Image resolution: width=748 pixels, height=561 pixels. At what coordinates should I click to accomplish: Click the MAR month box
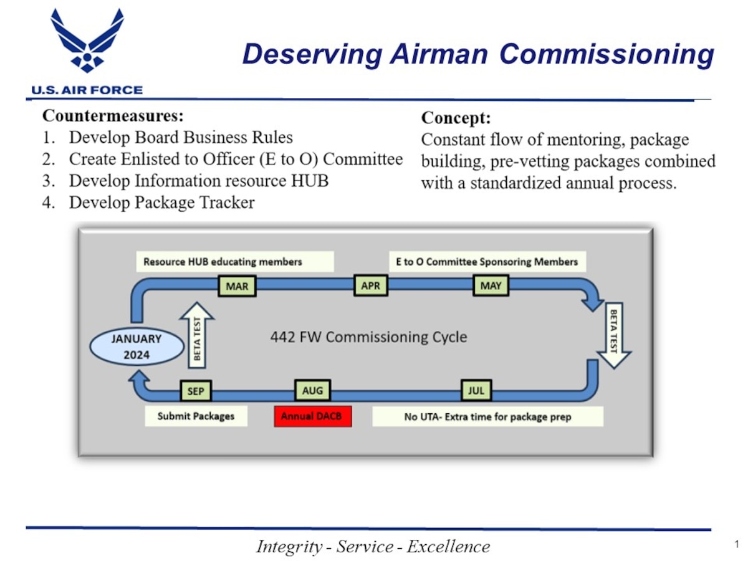[237, 286]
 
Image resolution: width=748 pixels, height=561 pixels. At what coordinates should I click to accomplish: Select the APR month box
[370, 286]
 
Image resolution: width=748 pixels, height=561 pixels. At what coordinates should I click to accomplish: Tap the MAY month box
[491, 286]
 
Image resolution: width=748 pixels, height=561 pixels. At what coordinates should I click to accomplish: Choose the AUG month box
[312, 391]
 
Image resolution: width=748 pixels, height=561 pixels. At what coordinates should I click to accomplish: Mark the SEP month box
[196, 391]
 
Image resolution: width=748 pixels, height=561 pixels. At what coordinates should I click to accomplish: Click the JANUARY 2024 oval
[137, 347]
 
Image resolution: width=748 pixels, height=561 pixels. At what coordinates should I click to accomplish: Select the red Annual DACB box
[312, 416]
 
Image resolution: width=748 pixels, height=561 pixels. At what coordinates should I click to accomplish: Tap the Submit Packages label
[196, 416]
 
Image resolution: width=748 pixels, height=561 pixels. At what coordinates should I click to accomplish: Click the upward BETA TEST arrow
[197, 335]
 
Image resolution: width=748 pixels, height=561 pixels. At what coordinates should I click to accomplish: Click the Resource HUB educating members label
[234, 261]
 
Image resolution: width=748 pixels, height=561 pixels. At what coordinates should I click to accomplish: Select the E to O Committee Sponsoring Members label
[487, 261]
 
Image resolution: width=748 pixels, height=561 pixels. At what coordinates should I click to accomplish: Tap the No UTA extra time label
[487, 416]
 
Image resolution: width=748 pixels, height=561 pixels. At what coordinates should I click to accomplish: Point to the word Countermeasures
[112, 117]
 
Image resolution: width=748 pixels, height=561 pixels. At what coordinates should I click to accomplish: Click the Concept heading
[456, 118]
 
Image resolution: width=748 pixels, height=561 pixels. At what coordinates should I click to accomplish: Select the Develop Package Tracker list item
[161, 203]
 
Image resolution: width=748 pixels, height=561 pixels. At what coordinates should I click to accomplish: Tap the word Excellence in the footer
[448, 547]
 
